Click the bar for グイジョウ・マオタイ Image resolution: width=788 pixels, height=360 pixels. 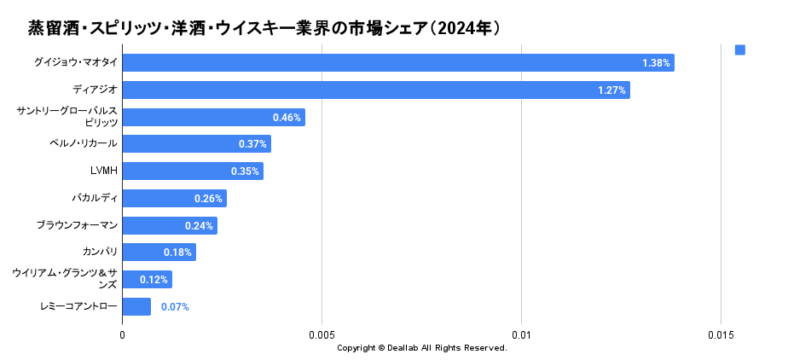pos(398,63)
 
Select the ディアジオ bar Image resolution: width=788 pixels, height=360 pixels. pos(376,90)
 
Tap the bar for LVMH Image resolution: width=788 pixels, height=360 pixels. pos(193,171)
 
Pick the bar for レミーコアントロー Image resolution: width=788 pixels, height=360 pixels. pos(136,307)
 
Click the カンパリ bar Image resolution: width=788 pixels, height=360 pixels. pos(159,253)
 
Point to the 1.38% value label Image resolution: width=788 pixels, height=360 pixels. pos(656,63)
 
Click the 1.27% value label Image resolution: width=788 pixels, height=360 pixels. pos(612,90)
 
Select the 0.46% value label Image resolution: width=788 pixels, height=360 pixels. pos(287,118)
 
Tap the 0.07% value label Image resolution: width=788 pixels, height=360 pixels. pos(175,307)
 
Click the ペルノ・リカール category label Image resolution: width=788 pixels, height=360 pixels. pos(84,143)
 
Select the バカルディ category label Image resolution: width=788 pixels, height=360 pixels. pos(95,198)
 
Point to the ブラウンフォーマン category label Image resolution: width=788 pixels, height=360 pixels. pos(77,225)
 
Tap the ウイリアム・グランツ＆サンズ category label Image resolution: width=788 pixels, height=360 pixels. pos(65,278)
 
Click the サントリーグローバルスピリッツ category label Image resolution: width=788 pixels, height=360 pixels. pos(67,117)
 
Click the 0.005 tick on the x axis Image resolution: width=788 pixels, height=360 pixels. pos(322,335)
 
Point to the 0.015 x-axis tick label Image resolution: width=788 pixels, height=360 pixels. pos(721,335)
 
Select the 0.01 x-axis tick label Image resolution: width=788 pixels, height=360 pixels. pos(521,335)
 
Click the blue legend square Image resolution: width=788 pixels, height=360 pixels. pos(740,50)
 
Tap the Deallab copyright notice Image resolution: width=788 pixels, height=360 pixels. pos(422,348)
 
